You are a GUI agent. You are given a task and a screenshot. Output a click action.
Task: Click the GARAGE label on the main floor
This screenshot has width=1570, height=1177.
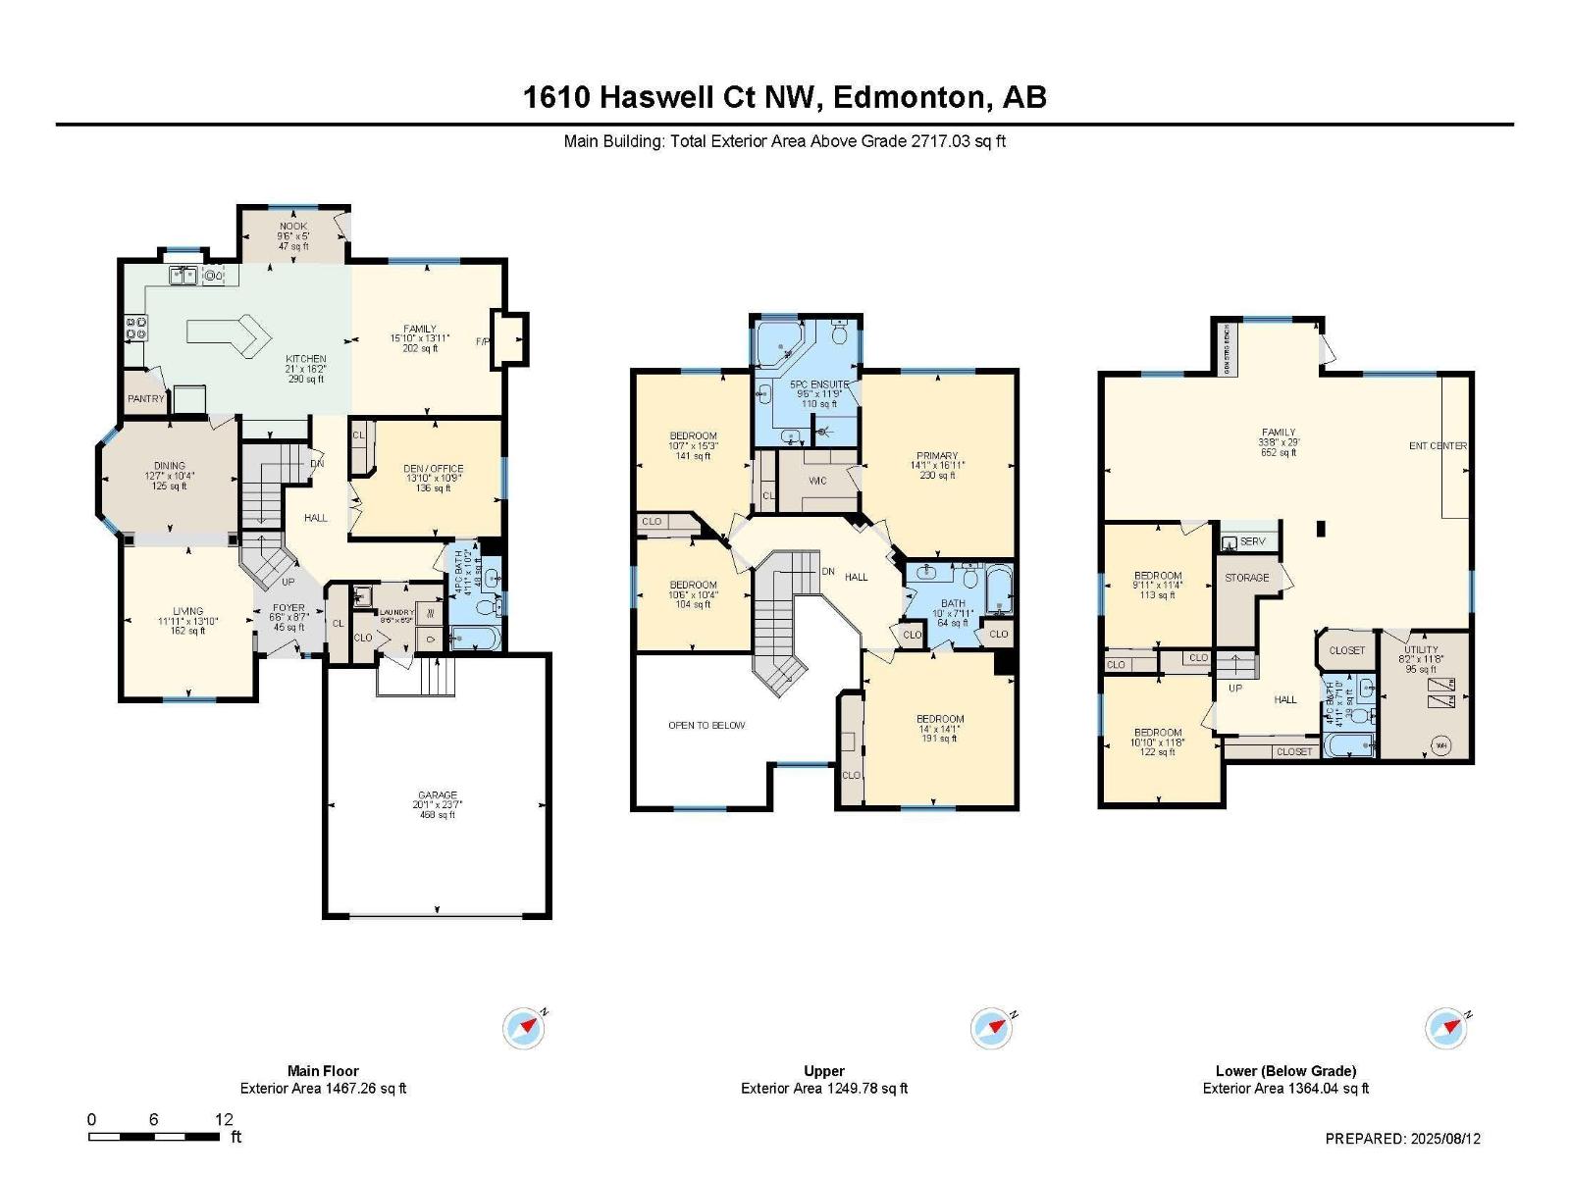point(438,795)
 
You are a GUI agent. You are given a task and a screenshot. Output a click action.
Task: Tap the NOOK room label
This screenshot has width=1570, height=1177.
point(293,227)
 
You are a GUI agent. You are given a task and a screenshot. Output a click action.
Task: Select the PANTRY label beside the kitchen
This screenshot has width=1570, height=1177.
point(145,399)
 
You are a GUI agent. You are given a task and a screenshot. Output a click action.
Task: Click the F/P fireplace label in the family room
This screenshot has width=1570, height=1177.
point(483,341)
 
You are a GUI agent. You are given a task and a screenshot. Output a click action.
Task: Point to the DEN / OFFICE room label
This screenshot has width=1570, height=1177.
point(434,469)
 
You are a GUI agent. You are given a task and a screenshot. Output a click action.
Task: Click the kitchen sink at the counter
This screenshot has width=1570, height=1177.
point(182,276)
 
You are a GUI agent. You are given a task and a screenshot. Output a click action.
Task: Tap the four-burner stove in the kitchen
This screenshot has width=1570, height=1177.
point(136,328)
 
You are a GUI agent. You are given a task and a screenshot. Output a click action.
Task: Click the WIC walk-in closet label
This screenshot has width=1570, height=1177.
point(817,481)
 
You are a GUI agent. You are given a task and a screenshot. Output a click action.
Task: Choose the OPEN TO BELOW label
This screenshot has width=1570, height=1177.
point(706,725)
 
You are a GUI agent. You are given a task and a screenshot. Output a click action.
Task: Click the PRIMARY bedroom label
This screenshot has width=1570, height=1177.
point(937,456)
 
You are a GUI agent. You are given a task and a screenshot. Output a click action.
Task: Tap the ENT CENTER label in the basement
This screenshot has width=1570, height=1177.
point(1438,445)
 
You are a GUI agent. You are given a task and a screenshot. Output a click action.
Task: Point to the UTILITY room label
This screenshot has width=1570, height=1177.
point(1421,649)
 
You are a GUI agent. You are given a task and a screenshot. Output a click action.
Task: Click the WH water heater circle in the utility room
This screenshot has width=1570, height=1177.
point(1441,743)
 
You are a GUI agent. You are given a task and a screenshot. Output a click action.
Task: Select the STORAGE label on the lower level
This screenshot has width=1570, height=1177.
point(1246,578)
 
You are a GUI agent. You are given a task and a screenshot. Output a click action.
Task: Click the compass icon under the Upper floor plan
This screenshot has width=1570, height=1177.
point(991,1028)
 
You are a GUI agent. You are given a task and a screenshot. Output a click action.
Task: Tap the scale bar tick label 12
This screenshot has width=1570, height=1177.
point(224,1119)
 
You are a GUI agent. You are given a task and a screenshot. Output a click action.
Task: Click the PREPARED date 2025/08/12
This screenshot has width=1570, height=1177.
point(1445,1139)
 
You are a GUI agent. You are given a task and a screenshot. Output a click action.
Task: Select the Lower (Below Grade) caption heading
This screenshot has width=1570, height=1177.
point(1285,1071)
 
